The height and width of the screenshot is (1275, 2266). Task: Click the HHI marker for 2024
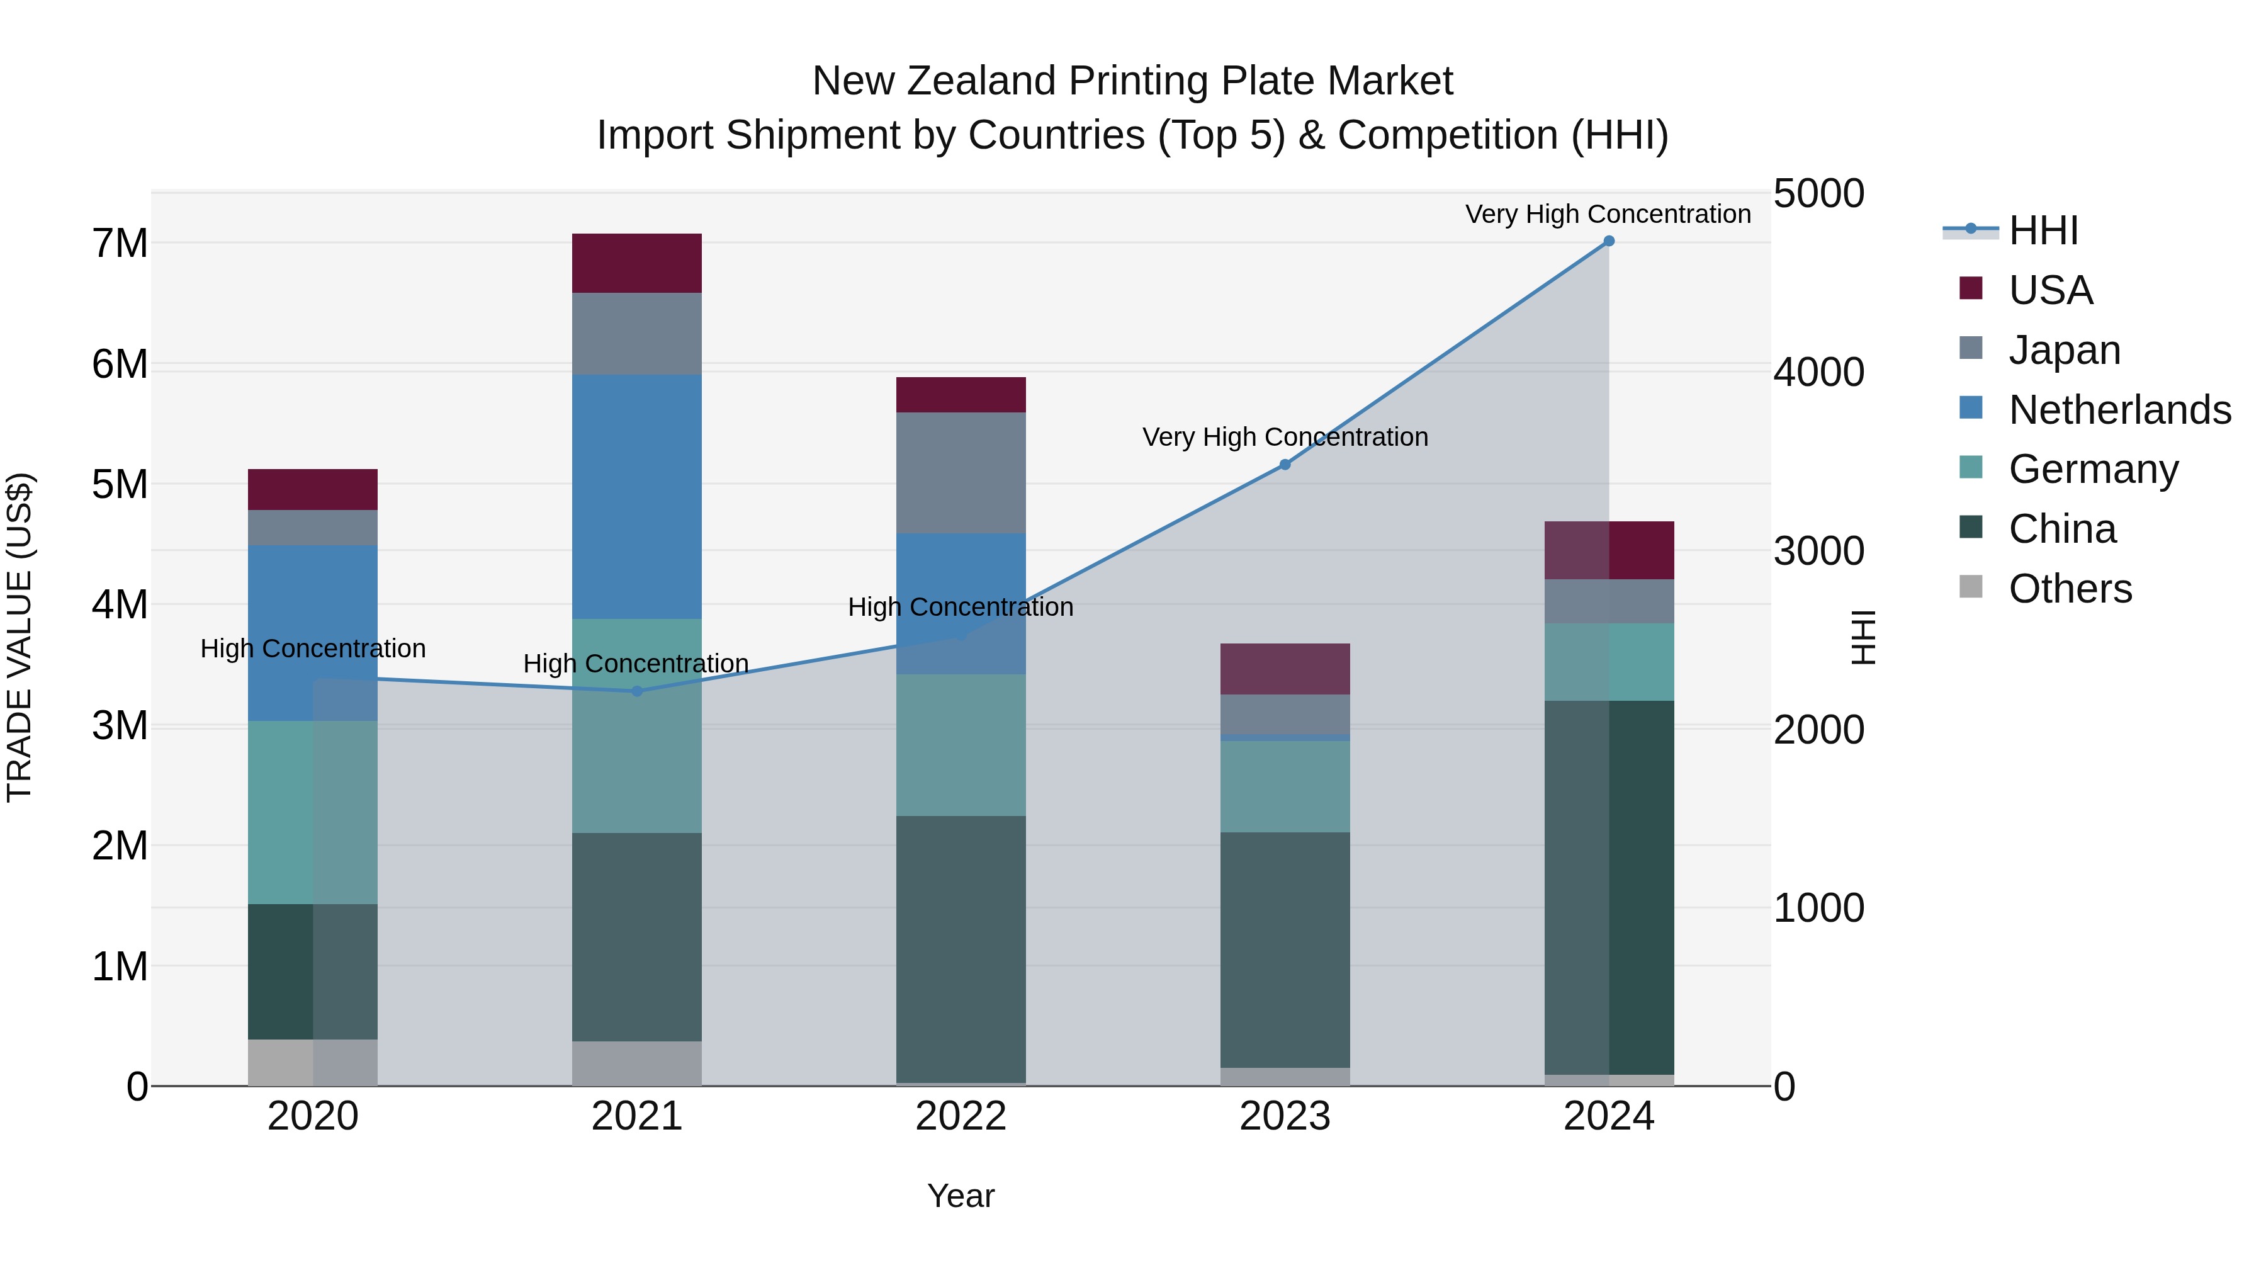[x=1609, y=241]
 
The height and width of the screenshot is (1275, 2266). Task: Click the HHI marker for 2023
[x=1285, y=465]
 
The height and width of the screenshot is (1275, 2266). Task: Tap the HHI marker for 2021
[x=637, y=691]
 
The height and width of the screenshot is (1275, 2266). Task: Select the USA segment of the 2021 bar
[x=637, y=263]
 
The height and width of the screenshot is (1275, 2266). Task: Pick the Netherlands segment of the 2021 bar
[x=637, y=497]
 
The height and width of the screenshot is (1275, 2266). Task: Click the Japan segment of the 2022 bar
[x=961, y=472]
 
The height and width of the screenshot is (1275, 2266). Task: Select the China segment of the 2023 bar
[x=1285, y=949]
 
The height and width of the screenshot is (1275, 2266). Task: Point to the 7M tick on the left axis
[x=120, y=244]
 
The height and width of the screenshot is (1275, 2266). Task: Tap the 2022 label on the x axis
[x=961, y=1116]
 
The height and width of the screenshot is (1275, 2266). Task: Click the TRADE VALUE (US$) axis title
[x=20, y=637]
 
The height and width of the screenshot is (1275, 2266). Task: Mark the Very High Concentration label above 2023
[x=1285, y=438]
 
